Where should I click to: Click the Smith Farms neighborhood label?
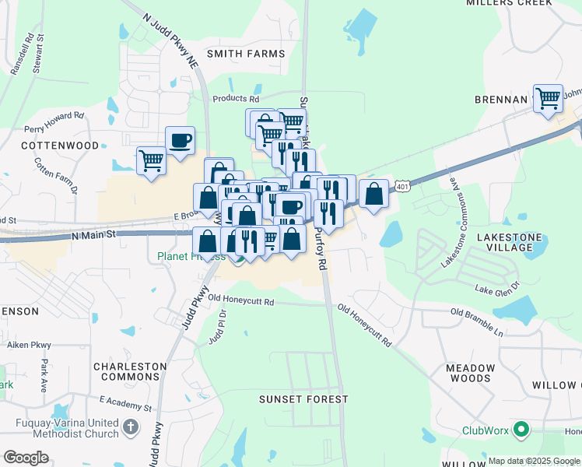click(245, 54)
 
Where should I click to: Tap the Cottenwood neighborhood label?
click(61, 146)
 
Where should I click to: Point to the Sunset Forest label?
click(303, 399)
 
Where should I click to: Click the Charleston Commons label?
click(130, 372)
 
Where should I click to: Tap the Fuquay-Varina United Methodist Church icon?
click(131, 427)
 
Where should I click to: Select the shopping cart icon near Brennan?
click(548, 98)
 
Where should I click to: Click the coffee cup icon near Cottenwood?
click(181, 141)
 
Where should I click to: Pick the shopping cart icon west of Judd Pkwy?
click(151, 161)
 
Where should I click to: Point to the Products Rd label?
click(236, 99)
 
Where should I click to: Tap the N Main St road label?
click(93, 233)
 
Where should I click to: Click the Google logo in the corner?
click(26, 458)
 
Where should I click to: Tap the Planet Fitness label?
click(191, 255)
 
